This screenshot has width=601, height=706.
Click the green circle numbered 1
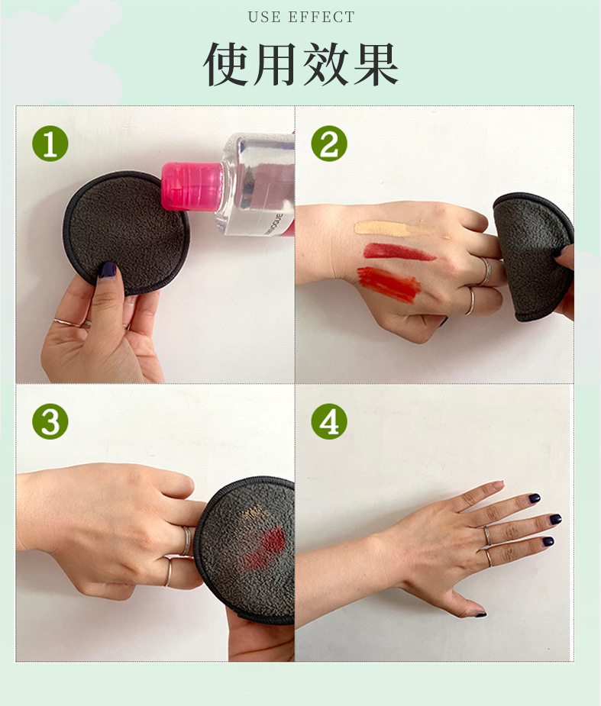pyautogui.click(x=50, y=143)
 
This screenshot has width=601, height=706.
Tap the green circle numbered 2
pyautogui.click(x=329, y=143)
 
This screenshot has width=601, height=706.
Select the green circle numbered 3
pyautogui.click(x=50, y=421)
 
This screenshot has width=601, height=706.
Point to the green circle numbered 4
pyautogui.click(x=329, y=421)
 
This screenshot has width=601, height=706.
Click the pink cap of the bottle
pyautogui.click(x=192, y=186)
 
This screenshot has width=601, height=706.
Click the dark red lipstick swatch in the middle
pyautogui.click(x=399, y=252)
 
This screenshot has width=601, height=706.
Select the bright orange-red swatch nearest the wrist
pyautogui.click(x=389, y=284)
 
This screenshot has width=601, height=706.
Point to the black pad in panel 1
pyautogui.click(x=126, y=232)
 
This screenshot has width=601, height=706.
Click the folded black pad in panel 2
pyautogui.click(x=532, y=256)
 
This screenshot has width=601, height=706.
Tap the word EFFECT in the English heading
pyautogui.click(x=322, y=17)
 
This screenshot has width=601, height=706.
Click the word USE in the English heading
pyautogui.click(x=264, y=17)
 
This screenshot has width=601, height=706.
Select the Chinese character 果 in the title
pyautogui.click(x=376, y=63)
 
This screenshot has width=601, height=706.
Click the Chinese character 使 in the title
pyautogui.click(x=226, y=63)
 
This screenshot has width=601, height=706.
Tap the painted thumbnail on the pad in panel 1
pyautogui.click(x=108, y=269)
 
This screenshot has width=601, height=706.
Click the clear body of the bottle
pyautogui.click(x=257, y=185)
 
